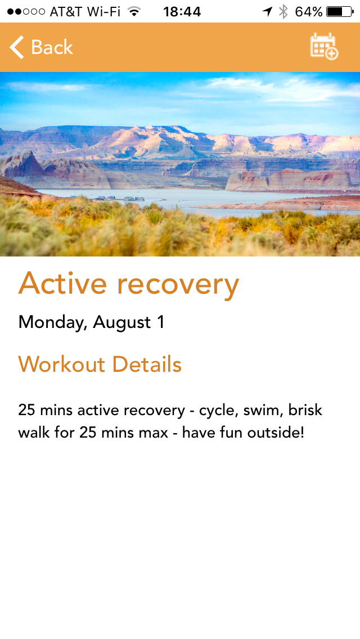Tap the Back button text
pyautogui.click(x=52, y=47)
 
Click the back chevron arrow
pyautogui.click(x=17, y=47)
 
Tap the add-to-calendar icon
pyautogui.click(x=324, y=47)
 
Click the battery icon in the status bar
pyautogui.click(x=340, y=12)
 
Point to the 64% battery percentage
pyautogui.click(x=309, y=12)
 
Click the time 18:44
pyautogui.click(x=182, y=12)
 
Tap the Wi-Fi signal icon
pyautogui.click(x=134, y=11)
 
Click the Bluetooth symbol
pyautogui.click(x=283, y=12)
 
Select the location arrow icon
pyautogui.click(x=267, y=12)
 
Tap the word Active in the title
pyautogui.click(x=63, y=283)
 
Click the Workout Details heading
pyautogui.click(x=100, y=364)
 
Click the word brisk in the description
pyautogui.click(x=305, y=409)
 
